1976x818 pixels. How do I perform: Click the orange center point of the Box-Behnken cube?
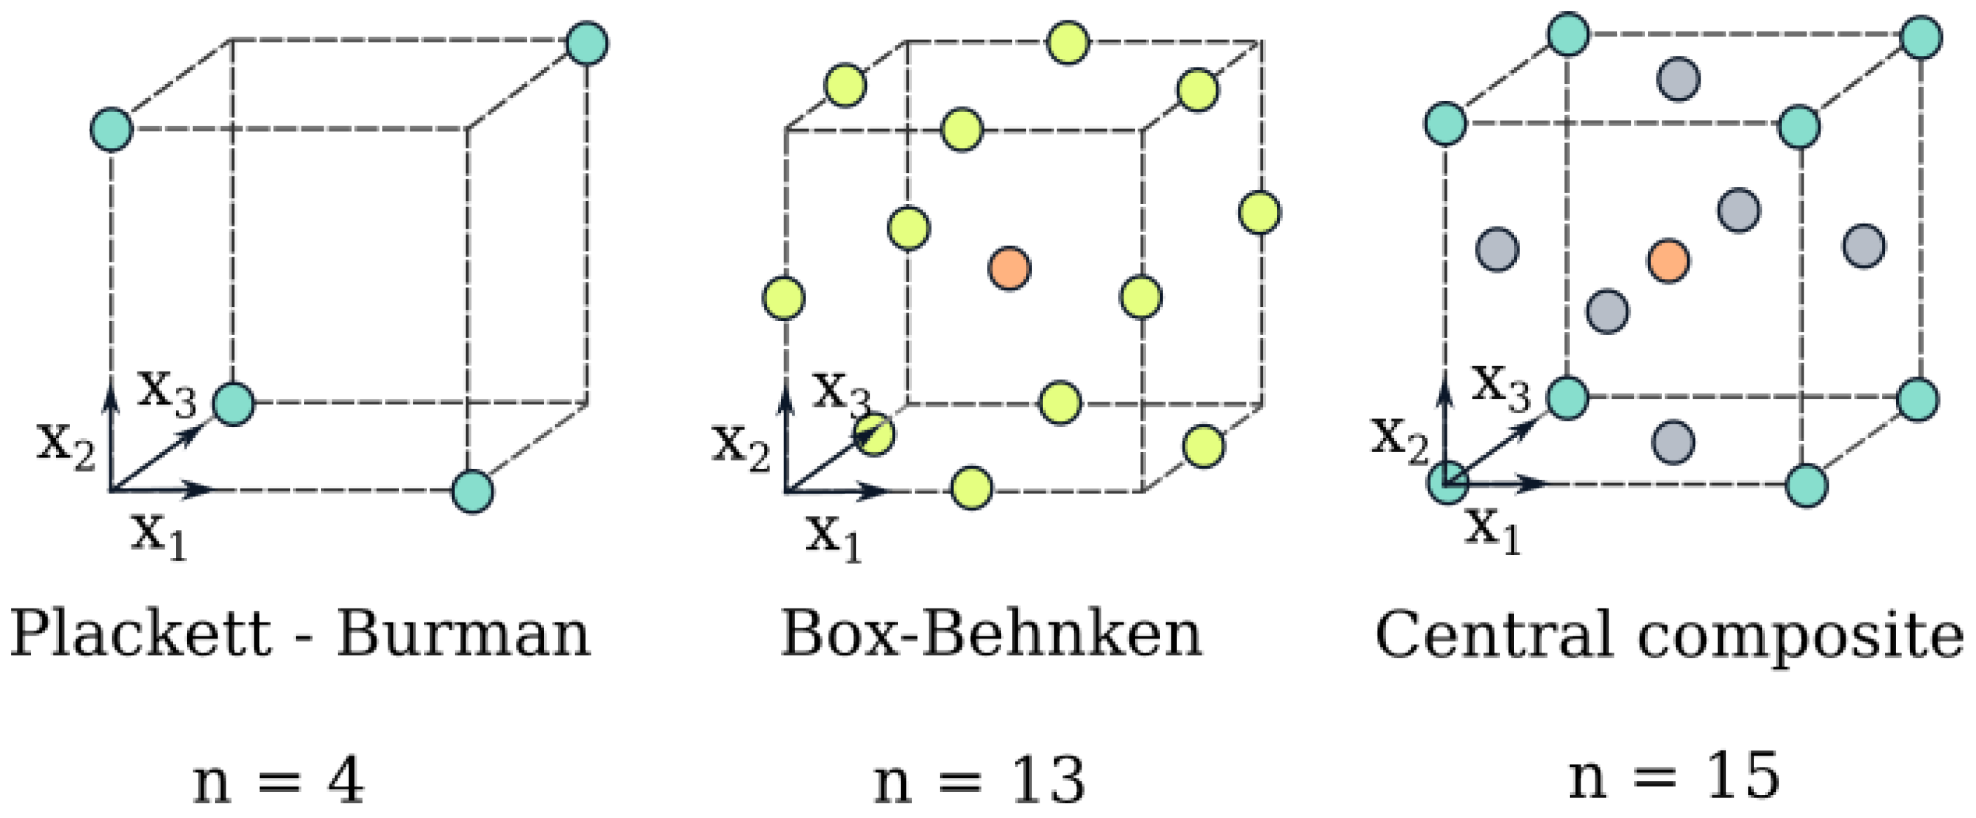(1009, 268)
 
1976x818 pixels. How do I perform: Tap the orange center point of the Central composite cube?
(1668, 261)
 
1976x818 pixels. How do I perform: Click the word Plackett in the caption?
(140, 634)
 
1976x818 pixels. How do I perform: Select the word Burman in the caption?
(464, 634)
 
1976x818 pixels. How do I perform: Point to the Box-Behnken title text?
(991, 634)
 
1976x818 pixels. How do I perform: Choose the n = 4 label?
(278, 780)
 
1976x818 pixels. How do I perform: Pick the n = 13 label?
(979, 780)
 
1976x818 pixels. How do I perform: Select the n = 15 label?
(1675, 776)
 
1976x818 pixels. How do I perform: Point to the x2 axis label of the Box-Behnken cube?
(740, 447)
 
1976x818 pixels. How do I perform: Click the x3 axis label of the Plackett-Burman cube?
(166, 393)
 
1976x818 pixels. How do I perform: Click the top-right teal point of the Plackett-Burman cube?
(587, 43)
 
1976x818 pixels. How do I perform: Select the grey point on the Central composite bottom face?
(1673, 443)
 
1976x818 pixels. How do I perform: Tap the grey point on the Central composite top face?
(1677, 79)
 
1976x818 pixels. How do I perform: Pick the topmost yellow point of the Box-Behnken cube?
(1068, 43)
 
